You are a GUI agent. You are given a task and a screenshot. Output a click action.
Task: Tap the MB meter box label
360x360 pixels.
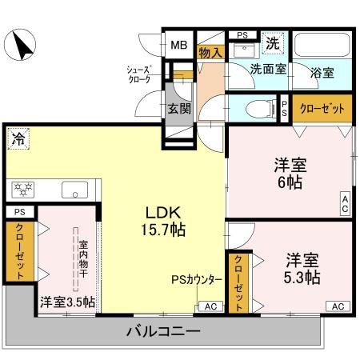coord(177,44)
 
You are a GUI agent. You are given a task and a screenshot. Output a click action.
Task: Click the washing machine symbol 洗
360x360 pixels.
coord(273,42)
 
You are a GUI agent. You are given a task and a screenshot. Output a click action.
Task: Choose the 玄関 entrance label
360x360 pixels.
coord(178,109)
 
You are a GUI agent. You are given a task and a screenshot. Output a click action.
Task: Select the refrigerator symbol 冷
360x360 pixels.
coord(18,139)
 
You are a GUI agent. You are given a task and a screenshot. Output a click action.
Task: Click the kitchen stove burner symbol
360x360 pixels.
coord(23,190)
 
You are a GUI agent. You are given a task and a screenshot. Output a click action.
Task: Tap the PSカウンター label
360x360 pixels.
coord(197,280)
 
